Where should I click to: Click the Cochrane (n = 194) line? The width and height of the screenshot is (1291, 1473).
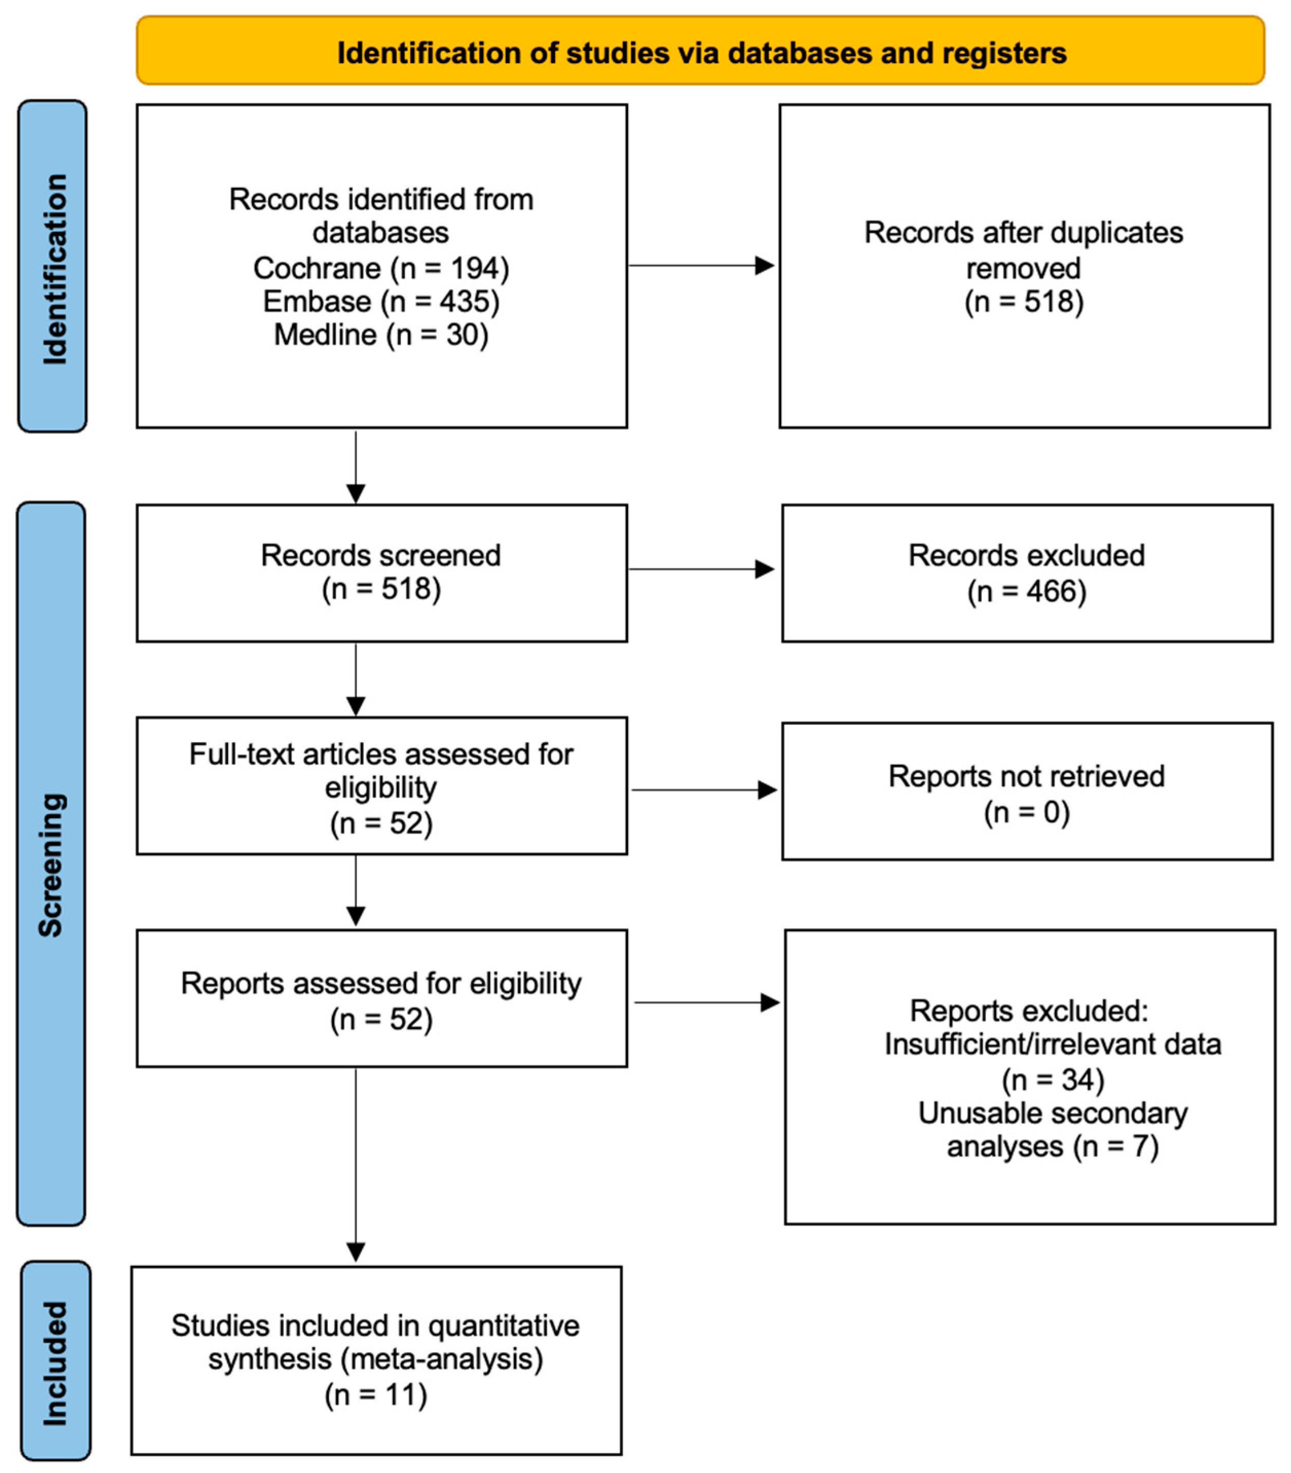(381, 268)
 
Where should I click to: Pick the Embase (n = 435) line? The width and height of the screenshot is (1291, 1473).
(381, 301)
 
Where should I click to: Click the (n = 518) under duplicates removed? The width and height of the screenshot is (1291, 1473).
(1024, 302)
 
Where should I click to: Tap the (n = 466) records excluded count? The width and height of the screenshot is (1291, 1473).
(1027, 592)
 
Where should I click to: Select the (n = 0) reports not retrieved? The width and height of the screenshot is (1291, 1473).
(1027, 813)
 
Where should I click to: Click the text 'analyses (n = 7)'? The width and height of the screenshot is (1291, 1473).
(1053, 1147)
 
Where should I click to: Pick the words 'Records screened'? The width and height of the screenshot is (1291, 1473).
(381, 556)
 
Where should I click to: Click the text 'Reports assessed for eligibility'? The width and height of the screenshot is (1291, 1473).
(381, 983)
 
